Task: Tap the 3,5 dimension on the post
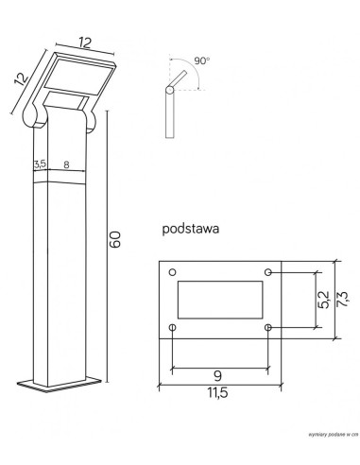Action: pos(40,164)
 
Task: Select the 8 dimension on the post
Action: pos(66,164)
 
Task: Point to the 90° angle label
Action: pos(200,60)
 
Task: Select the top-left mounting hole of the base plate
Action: pos(173,272)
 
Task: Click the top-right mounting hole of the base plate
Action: pos(269,272)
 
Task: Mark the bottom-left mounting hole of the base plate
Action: pos(173,328)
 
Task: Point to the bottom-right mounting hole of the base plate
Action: pos(269,328)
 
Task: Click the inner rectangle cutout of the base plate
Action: pos(221,300)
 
